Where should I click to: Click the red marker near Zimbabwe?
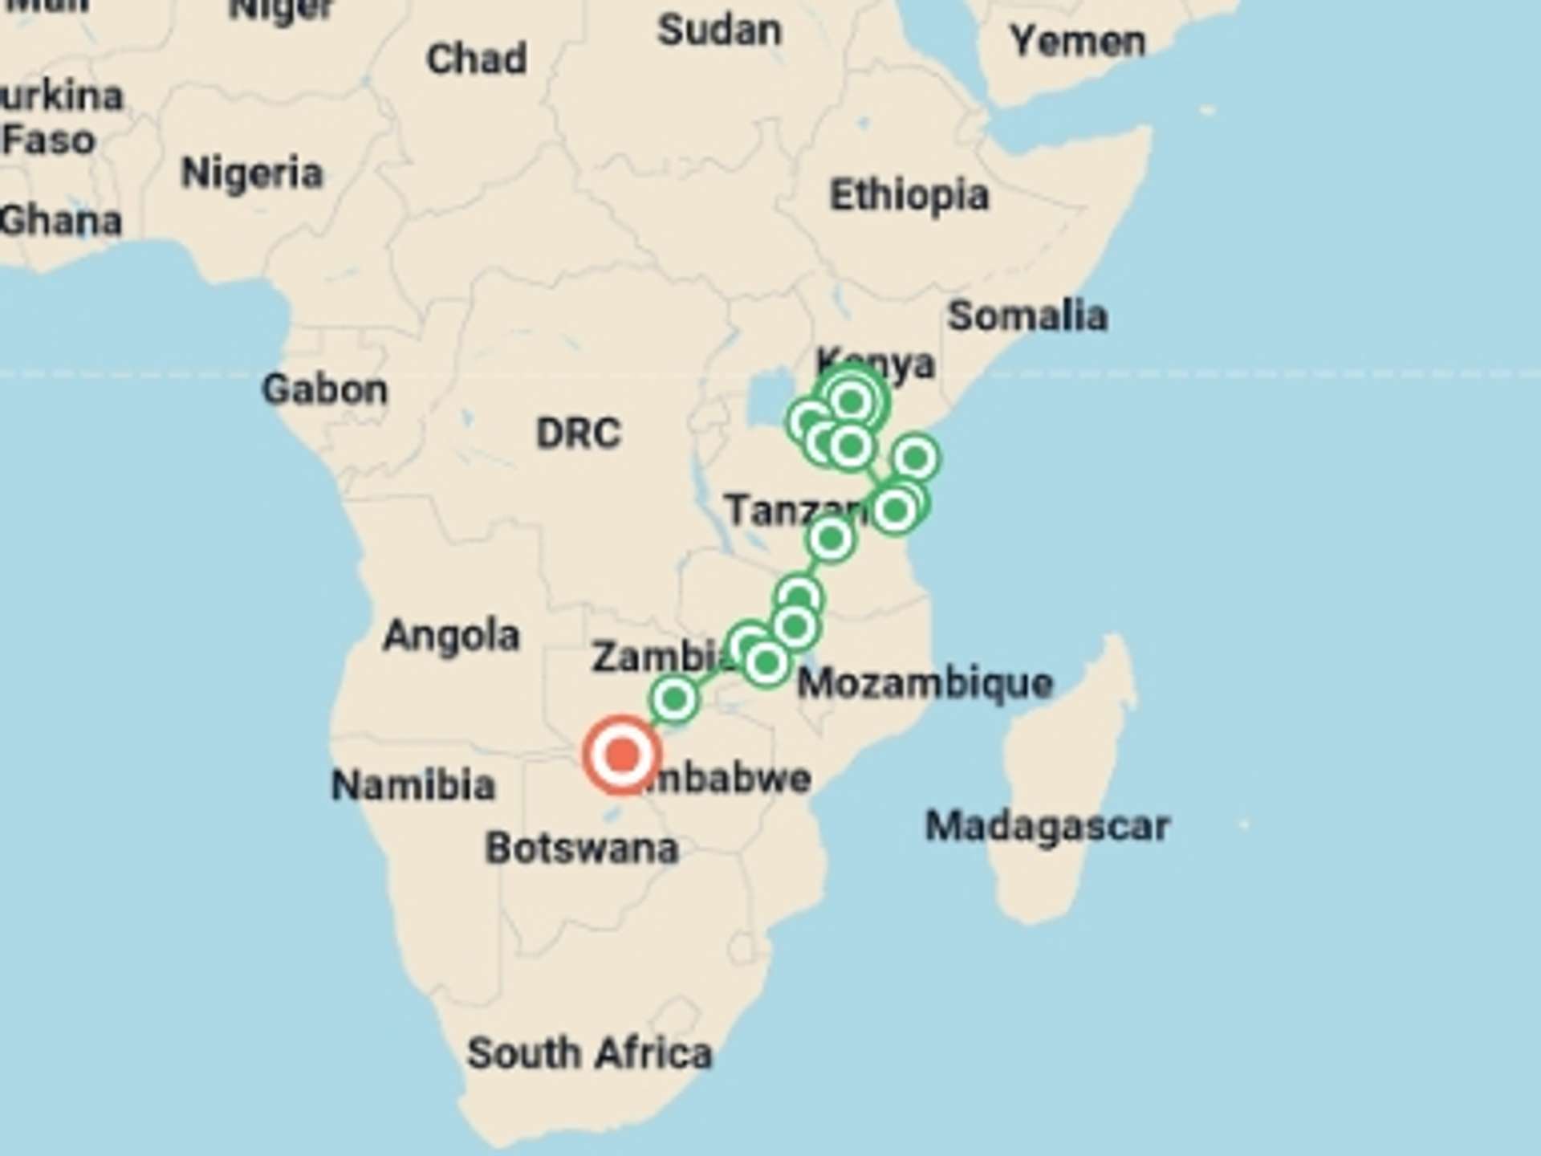point(622,755)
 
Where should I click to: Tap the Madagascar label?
point(1047,826)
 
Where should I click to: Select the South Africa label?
point(590,1052)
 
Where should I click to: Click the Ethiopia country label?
point(909,195)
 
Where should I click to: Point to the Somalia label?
point(1027,315)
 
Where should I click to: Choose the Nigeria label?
point(252,173)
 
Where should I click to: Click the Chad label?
point(477,59)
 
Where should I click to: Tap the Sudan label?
point(719,31)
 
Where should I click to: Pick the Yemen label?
point(1077,40)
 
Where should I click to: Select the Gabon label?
point(325,389)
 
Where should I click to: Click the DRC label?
point(578,433)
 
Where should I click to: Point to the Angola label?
point(451,636)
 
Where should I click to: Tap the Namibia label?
point(413,784)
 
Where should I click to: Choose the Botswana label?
point(582,849)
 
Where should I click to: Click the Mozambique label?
point(925,684)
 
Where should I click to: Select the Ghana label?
point(60,221)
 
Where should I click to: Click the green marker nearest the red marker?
point(674,699)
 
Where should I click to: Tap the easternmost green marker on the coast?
point(915,458)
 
